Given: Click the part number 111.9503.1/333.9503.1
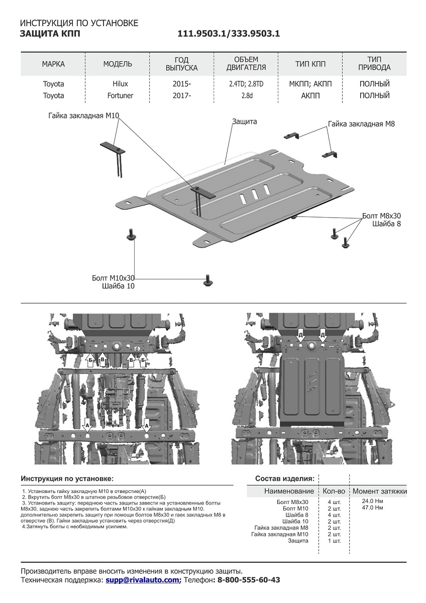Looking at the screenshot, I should [229, 34].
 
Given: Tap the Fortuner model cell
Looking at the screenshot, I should [118, 95].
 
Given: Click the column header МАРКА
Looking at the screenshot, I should [53, 64].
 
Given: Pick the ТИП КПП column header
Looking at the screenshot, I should [310, 64].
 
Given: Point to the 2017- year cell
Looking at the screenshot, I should [182, 95].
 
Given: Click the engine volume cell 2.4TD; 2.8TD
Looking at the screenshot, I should [246, 84].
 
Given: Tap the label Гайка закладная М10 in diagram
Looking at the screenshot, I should [84, 116].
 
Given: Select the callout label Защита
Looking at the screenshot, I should [245, 122].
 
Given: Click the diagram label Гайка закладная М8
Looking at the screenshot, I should [361, 124].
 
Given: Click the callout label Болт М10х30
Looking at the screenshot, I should [114, 278].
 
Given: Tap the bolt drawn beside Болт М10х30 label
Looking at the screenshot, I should [206, 279].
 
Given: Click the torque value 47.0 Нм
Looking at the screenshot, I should [372, 508].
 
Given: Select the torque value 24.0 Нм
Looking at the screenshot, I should [372, 501].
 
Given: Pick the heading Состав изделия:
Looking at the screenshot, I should [285, 478].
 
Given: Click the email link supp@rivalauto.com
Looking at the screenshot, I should [143, 580].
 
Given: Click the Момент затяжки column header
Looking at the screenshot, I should [380, 491].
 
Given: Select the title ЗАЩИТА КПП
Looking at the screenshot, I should [49, 34].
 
